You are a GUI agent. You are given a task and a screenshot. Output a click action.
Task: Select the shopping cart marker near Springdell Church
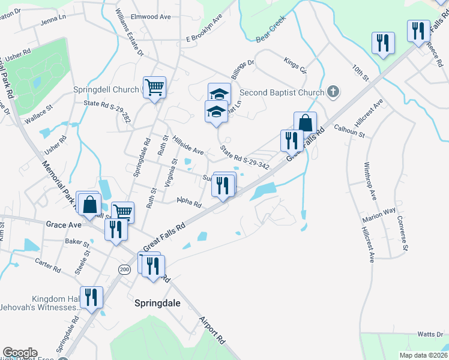(154, 88)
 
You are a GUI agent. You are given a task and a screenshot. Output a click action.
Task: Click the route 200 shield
(124, 269)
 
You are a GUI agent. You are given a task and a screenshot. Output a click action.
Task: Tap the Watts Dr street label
(430, 334)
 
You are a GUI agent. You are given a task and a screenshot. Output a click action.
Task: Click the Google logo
(19, 353)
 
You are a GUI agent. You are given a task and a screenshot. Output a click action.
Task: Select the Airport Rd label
(212, 330)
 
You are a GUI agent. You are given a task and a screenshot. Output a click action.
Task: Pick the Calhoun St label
(349, 131)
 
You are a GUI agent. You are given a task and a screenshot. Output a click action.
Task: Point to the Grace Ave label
(63, 224)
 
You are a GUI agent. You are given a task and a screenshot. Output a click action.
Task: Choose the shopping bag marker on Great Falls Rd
(305, 123)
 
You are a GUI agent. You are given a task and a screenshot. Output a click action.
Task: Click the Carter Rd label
(48, 266)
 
